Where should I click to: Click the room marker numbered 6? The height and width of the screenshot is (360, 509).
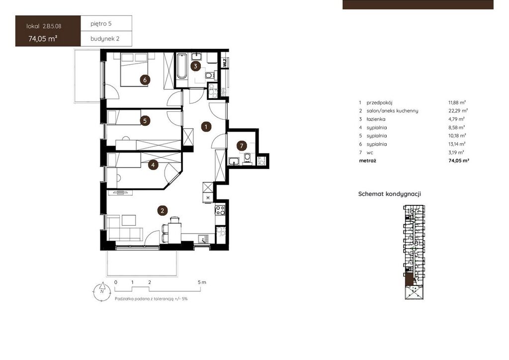click(x=145, y=80)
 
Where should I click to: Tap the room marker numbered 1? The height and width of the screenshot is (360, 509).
click(x=206, y=127)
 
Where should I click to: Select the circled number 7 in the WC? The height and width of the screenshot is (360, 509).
click(x=242, y=146)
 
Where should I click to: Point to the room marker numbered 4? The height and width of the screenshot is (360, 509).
click(x=153, y=165)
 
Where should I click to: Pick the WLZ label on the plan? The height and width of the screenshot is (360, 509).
click(x=225, y=62)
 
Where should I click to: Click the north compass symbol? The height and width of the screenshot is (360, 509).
click(x=102, y=291)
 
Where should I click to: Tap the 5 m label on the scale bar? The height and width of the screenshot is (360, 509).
click(x=202, y=282)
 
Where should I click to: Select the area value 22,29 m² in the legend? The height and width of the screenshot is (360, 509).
click(x=458, y=111)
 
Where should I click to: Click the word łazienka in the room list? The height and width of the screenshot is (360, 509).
click(x=376, y=119)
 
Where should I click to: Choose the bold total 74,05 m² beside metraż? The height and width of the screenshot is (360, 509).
click(x=459, y=161)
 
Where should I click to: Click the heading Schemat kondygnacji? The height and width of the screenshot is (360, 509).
click(x=390, y=194)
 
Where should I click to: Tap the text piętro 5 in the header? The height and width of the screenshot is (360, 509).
click(x=101, y=24)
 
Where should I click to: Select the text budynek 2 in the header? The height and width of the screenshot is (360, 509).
click(x=105, y=39)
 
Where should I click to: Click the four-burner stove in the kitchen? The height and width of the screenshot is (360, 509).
click(x=220, y=210)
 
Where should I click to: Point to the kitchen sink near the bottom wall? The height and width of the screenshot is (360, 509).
click(x=204, y=239)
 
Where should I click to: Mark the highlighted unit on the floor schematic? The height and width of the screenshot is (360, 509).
click(x=409, y=279)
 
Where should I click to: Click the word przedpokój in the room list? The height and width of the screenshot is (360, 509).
click(x=379, y=102)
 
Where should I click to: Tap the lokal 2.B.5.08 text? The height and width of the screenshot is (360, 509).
click(x=44, y=26)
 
